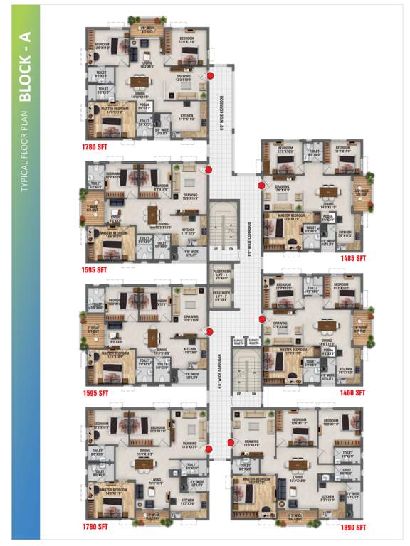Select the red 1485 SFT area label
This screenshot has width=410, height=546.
tap(352, 259)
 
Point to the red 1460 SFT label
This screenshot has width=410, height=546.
tap(352, 392)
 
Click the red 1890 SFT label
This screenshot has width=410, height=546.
tap(352, 528)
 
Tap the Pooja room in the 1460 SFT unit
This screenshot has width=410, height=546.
tap(328, 351)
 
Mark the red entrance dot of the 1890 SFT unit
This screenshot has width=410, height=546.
tap(231, 441)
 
